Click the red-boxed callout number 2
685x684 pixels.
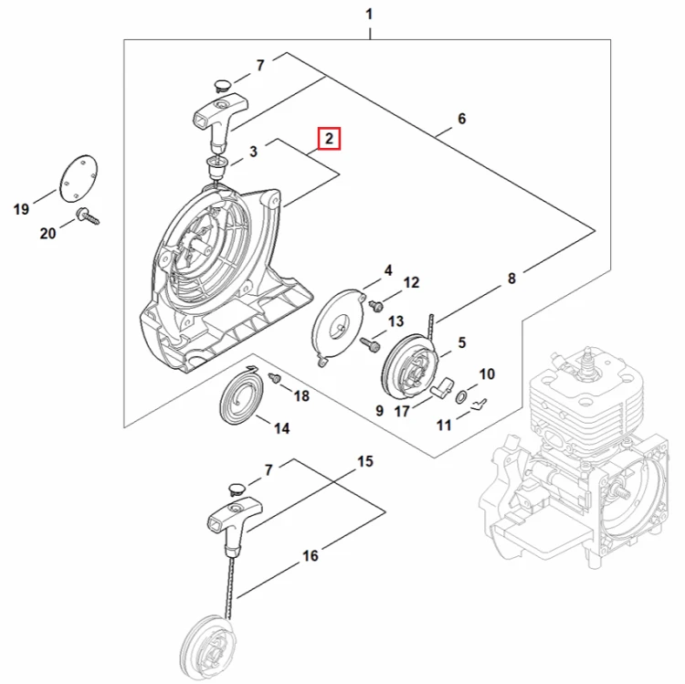[329, 139]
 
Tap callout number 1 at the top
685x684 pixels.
[369, 15]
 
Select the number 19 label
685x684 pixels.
[21, 209]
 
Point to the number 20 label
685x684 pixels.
[48, 233]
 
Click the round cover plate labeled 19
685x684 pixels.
[79, 178]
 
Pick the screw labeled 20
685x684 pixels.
[89, 216]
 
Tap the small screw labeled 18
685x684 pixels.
[274, 378]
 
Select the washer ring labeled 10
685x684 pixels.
[461, 397]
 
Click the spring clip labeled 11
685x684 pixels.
[479, 405]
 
